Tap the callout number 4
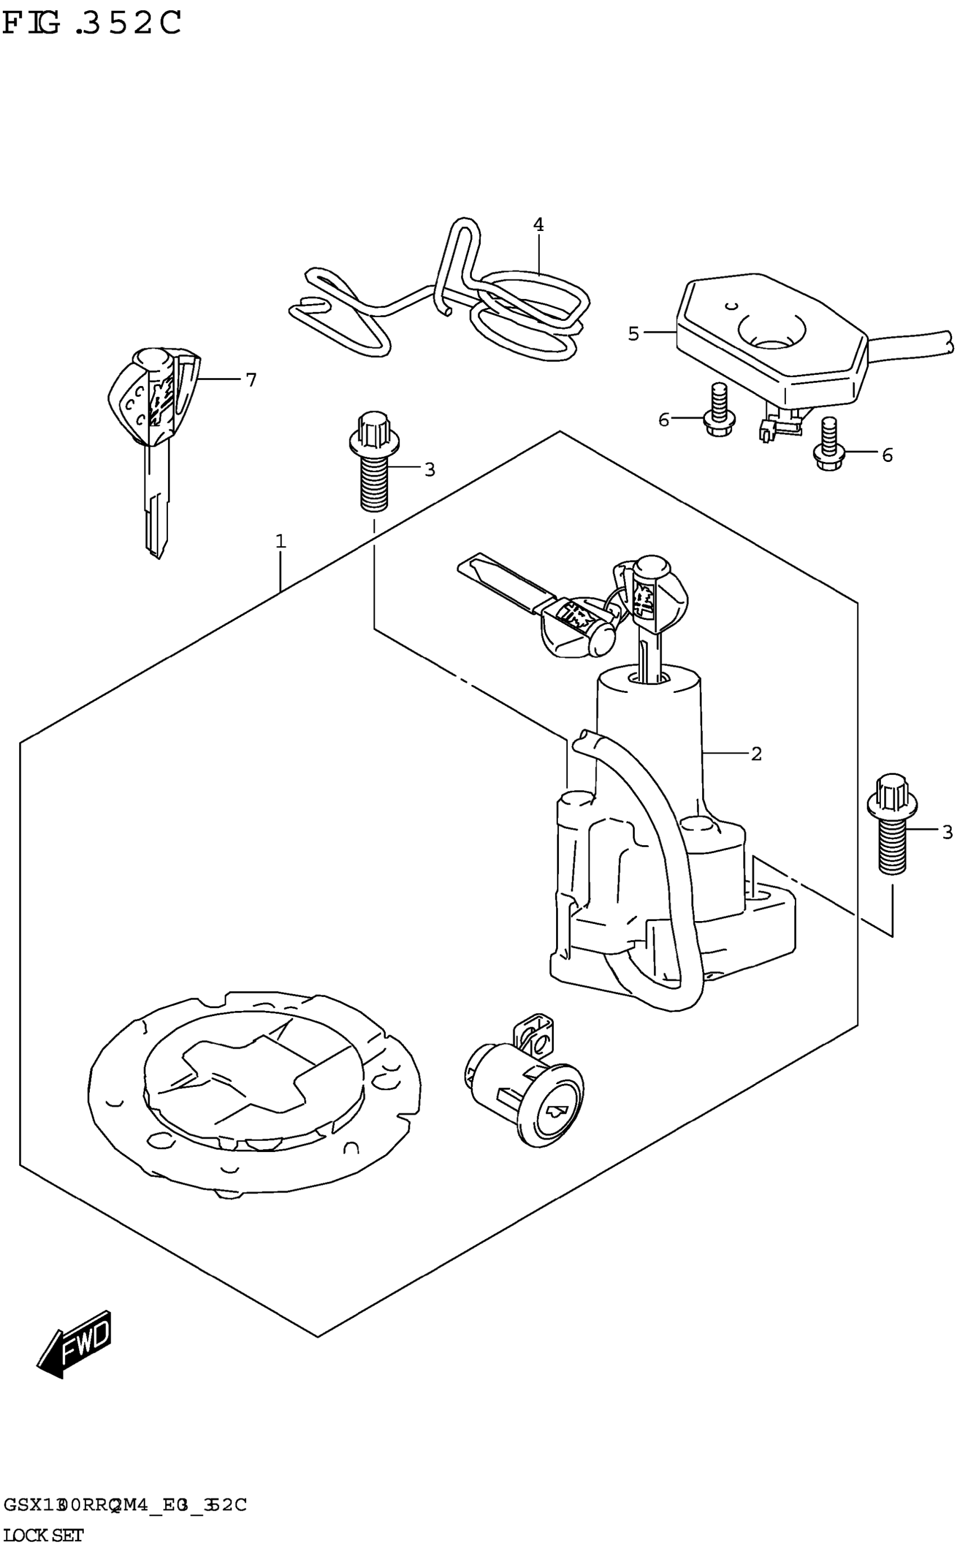pyautogui.click(x=538, y=224)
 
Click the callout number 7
pyautogui.click(x=251, y=380)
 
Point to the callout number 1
pyautogui.click(x=280, y=541)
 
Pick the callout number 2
pyautogui.click(x=756, y=754)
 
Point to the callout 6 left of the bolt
pyautogui.click(x=663, y=419)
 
